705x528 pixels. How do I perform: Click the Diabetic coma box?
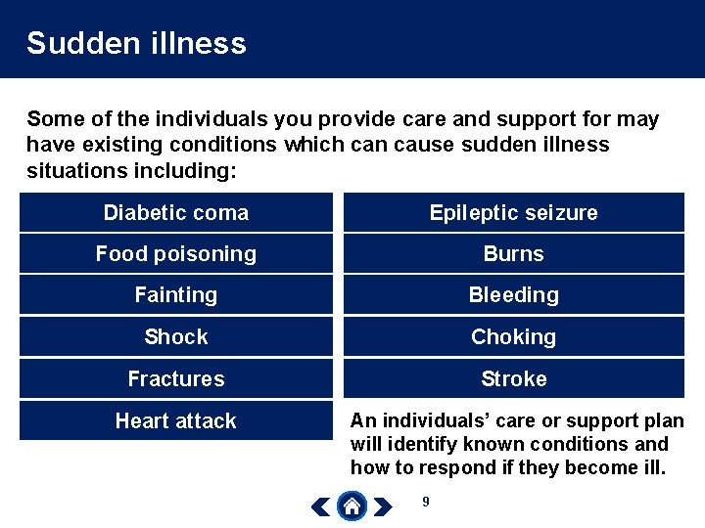click(176, 213)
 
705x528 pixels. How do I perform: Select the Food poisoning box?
click(176, 254)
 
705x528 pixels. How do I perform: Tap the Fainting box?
click(176, 295)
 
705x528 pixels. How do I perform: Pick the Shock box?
click(176, 337)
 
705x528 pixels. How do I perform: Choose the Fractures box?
click(176, 379)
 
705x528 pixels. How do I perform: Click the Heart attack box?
click(176, 421)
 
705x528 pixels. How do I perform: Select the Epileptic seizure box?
click(513, 213)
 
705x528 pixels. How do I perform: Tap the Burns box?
click(513, 254)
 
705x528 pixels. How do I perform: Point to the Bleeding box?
click(513, 295)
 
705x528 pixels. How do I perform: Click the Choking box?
click(513, 337)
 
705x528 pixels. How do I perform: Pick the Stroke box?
click(513, 379)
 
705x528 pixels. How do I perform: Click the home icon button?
click(352, 506)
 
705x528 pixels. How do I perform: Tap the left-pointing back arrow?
click(320, 506)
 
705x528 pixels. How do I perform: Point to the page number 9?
click(425, 502)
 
